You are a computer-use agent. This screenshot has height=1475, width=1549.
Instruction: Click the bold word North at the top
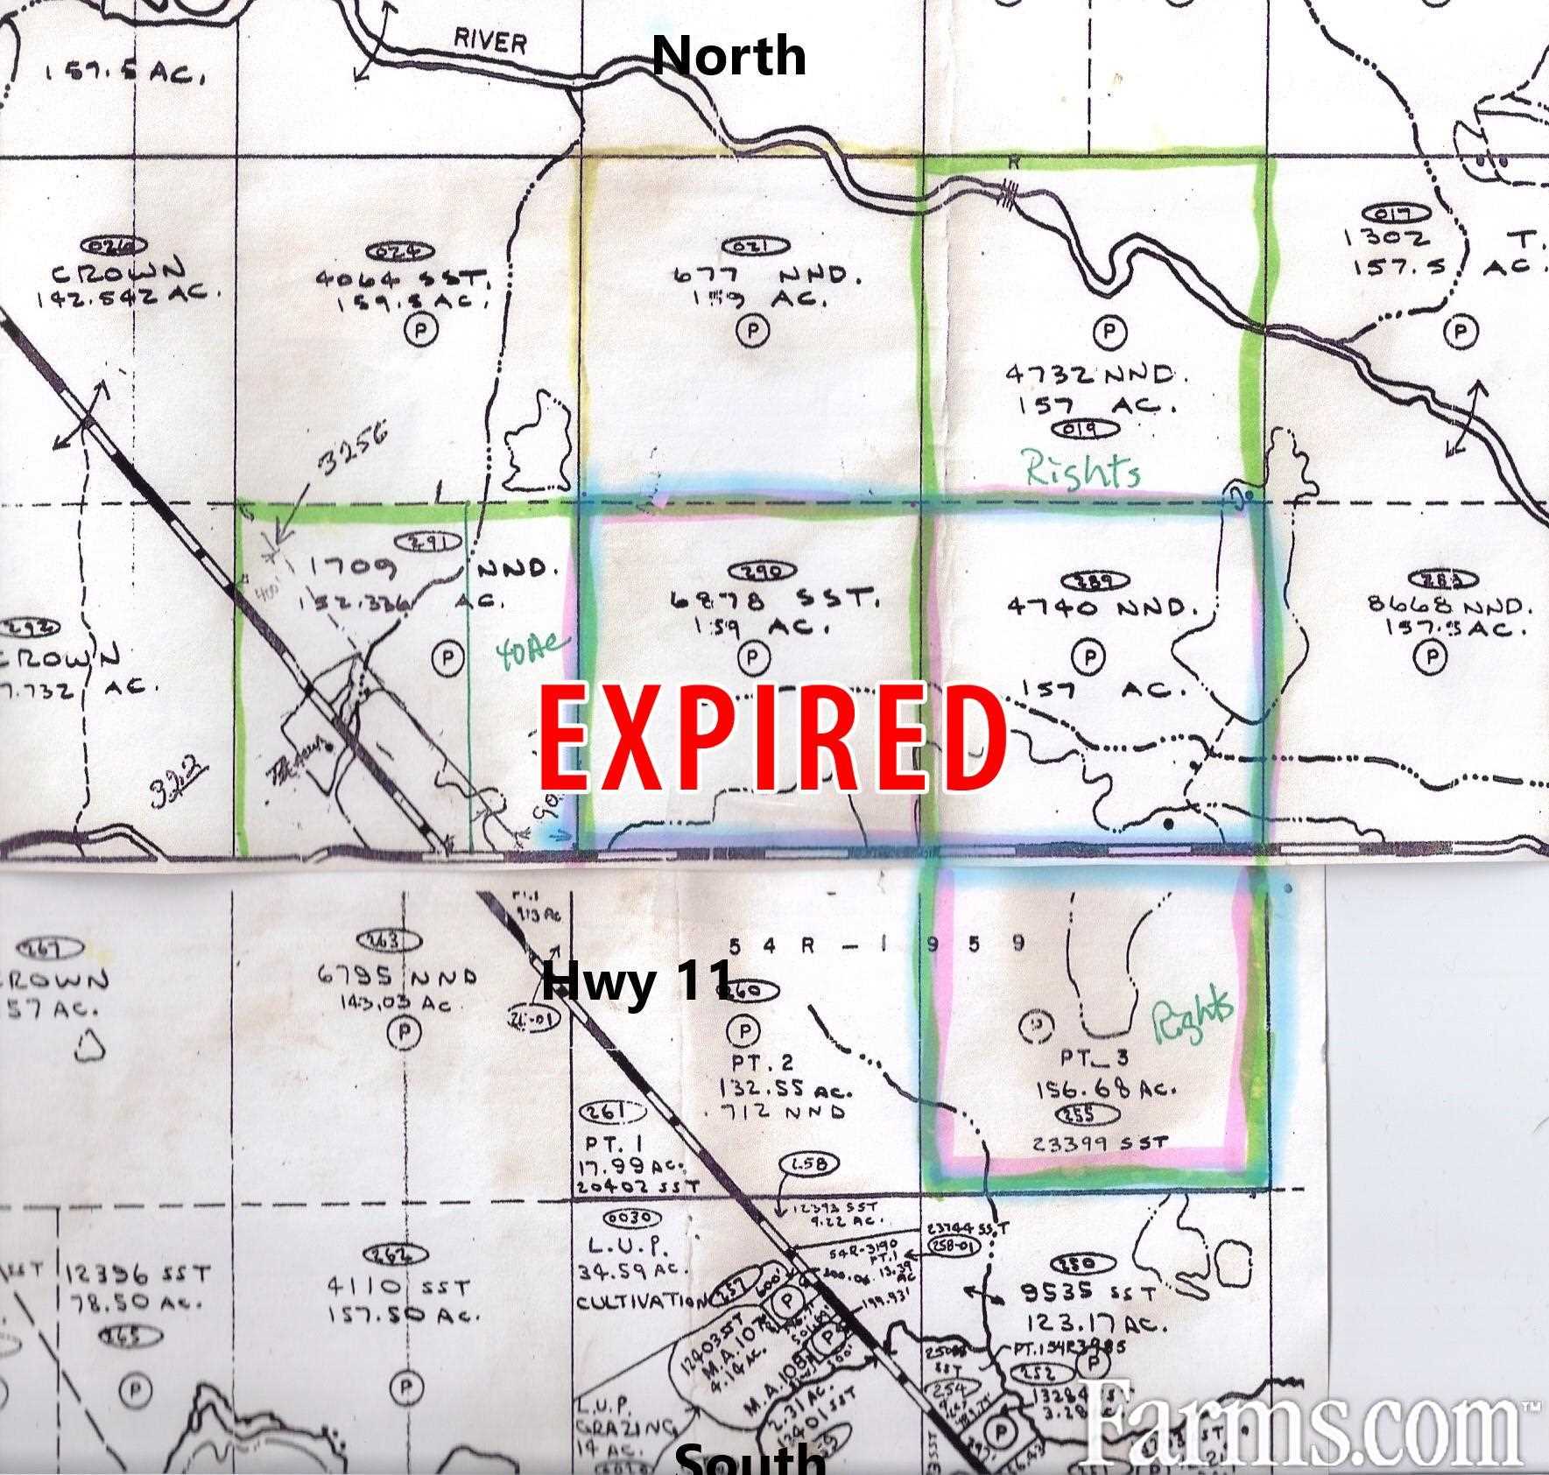coord(729,55)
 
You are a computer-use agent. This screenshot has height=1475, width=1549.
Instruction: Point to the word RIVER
coord(489,41)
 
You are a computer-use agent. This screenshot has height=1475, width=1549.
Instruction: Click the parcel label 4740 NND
coord(1101,607)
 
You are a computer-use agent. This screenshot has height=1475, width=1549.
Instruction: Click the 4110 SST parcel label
coord(398,1289)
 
